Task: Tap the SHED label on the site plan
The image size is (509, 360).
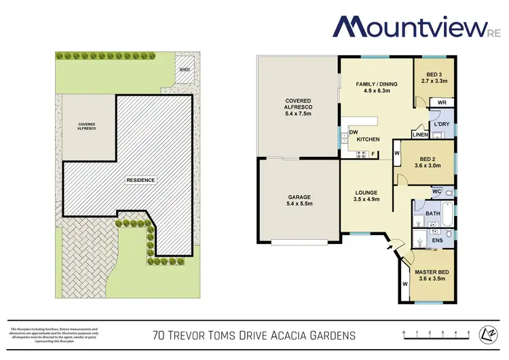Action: click(x=184, y=69)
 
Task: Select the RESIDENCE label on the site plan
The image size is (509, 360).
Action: click(x=140, y=180)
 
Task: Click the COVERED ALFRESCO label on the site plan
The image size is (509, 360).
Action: click(x=86, y=126)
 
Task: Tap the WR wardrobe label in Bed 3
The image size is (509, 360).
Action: click(x=441, y=103)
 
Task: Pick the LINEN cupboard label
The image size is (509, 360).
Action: click(x=420, y=135)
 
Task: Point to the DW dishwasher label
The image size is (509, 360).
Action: click(x=353, y=132)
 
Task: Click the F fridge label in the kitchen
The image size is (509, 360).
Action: click(x=373, y=154)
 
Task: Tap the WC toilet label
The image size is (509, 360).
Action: click(x=437, y=192)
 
